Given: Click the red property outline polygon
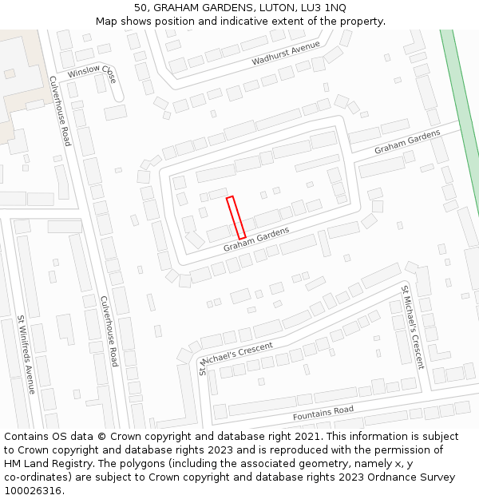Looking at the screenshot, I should point(236,217).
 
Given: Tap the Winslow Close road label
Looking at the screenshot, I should point(92,72).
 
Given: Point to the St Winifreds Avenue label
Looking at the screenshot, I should point(26,354).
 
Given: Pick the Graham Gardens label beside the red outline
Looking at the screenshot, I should point(255,239).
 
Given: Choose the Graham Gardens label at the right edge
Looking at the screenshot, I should point(407,142).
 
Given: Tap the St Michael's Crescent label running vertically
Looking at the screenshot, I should point(413,327).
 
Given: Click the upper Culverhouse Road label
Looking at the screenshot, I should point(60,111).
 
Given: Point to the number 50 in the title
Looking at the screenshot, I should point(142,7).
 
